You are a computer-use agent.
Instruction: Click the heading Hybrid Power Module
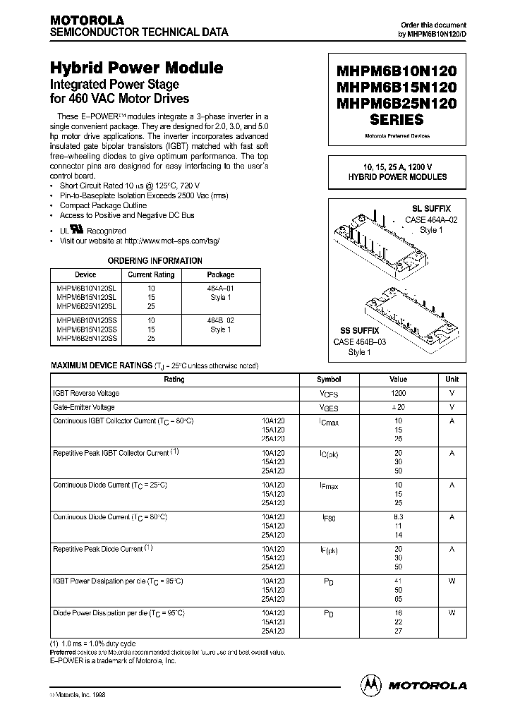coord(136,68)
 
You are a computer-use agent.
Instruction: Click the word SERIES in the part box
coord(397,120)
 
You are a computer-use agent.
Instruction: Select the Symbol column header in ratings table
coord(329,380)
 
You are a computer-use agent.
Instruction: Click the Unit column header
coord(452,380)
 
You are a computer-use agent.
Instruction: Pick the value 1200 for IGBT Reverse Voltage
coord(399,393)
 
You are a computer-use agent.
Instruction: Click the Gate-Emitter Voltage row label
coord(84,407)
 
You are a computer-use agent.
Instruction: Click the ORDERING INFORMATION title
coord(155,260)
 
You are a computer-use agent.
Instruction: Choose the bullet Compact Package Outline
coord(103,205)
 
